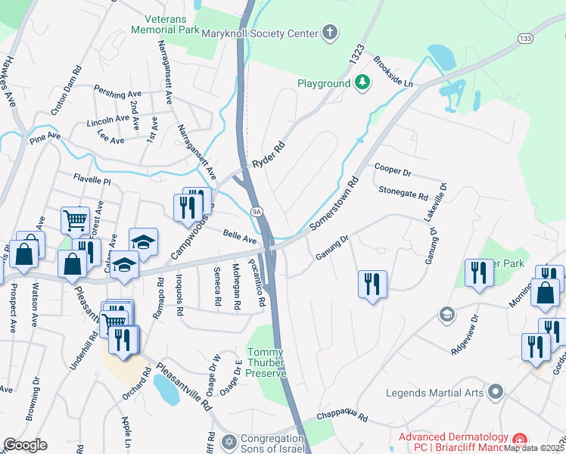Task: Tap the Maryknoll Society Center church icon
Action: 328,32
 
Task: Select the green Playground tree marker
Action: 362,82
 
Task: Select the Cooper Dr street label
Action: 390,169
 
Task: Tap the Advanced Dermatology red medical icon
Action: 519,440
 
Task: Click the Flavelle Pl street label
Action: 92,180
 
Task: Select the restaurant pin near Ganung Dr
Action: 372,285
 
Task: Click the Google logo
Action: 26,444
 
